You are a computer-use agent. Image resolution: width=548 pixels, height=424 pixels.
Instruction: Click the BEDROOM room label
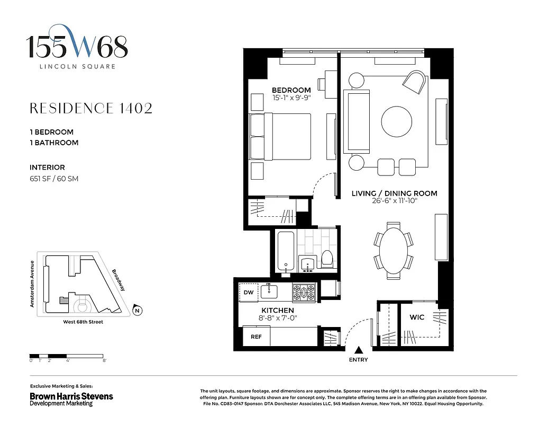point(291,90)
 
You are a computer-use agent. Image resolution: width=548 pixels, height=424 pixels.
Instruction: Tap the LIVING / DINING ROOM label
point(394,193)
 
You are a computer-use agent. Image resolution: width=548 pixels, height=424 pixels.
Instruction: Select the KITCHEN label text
point(277,310)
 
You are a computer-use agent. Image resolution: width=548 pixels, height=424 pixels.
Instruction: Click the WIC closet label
point(417,317)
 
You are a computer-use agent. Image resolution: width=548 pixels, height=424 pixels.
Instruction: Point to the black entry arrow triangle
point(359,350)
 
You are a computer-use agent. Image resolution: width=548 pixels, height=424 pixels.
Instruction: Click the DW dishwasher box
point(248,293)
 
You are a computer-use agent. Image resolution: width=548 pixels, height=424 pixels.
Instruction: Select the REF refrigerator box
point(256,337)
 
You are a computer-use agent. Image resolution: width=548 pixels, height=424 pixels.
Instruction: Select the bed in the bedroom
point(280,136)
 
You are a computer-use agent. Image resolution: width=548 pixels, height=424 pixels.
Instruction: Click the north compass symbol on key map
point(137,311)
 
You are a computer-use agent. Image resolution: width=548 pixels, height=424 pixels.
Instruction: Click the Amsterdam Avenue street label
point(32,284)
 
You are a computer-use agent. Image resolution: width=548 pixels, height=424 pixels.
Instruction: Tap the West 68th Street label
point(80,322)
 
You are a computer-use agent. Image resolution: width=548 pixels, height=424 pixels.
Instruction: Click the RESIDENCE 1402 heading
point(91,109)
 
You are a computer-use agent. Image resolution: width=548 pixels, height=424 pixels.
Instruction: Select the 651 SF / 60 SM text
point(54,179)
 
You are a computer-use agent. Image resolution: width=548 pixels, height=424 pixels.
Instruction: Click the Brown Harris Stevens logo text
point(71,396)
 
